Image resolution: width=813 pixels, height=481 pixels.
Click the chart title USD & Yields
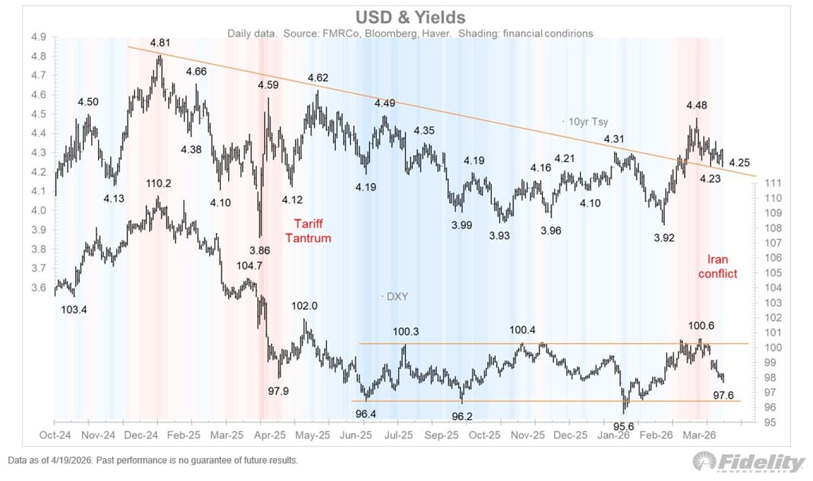tap(406, 16)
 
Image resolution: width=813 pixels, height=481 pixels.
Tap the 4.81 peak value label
tap(160, 43)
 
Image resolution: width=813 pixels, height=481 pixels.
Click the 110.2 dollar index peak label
tap(158, 184)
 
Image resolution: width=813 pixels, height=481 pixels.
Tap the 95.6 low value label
tap(623, 425)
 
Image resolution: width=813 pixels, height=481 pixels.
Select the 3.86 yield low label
tap(259, 250)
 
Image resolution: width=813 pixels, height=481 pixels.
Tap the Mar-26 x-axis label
tap(701, 436)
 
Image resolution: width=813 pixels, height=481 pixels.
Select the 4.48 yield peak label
tap(697, 105)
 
